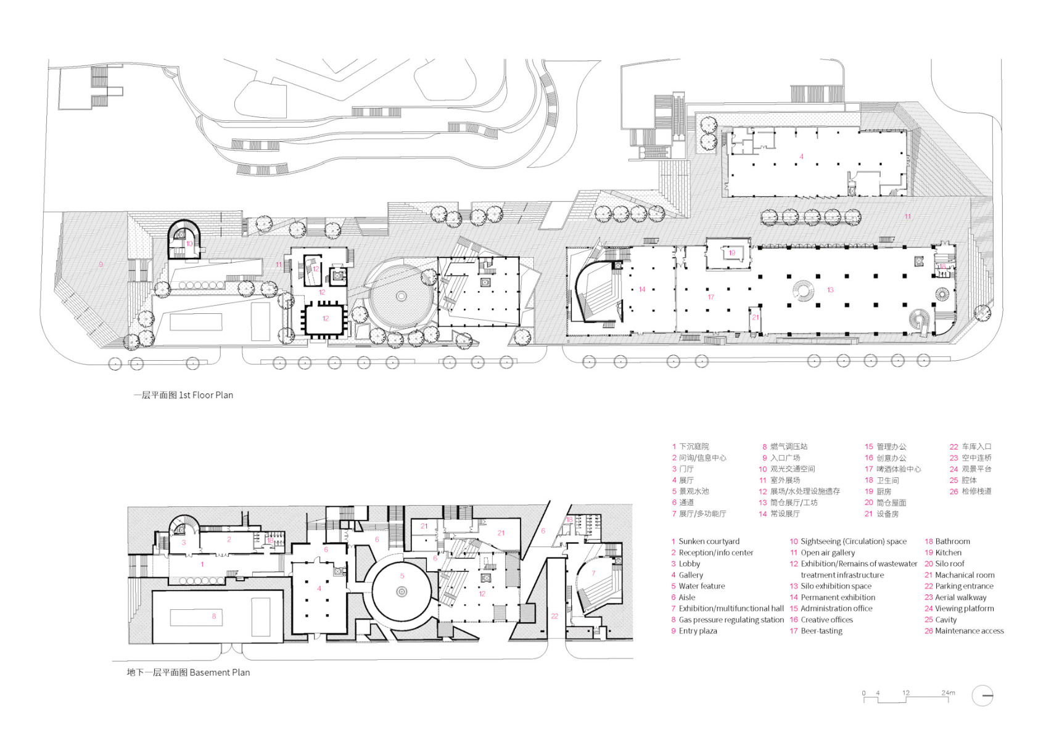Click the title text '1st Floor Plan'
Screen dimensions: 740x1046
pos(205,395)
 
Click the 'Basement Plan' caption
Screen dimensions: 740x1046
pos(220,673)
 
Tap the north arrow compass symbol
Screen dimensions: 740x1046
pos(982,696)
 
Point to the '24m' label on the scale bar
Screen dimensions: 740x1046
pos(948,693)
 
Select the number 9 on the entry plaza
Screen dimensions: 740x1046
pos(101,265)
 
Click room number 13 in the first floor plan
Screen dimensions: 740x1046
pos(830,290)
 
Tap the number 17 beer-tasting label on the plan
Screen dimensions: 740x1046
pos(710,297)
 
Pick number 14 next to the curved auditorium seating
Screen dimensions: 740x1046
pos(642,289)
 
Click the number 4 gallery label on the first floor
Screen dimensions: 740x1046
pos(801,157)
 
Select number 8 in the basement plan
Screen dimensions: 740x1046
pos(214,616)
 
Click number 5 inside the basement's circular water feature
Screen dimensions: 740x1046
pos(402,576)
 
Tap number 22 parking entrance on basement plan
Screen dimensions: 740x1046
pos(554,616)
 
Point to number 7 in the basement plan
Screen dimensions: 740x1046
pos(593,573)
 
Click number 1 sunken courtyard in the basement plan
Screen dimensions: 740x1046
pos(202,564)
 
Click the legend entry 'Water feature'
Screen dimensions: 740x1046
pos(701,586)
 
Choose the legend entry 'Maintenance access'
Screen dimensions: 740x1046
pos(969,631)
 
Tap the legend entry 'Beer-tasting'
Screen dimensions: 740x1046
pos(821,631)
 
